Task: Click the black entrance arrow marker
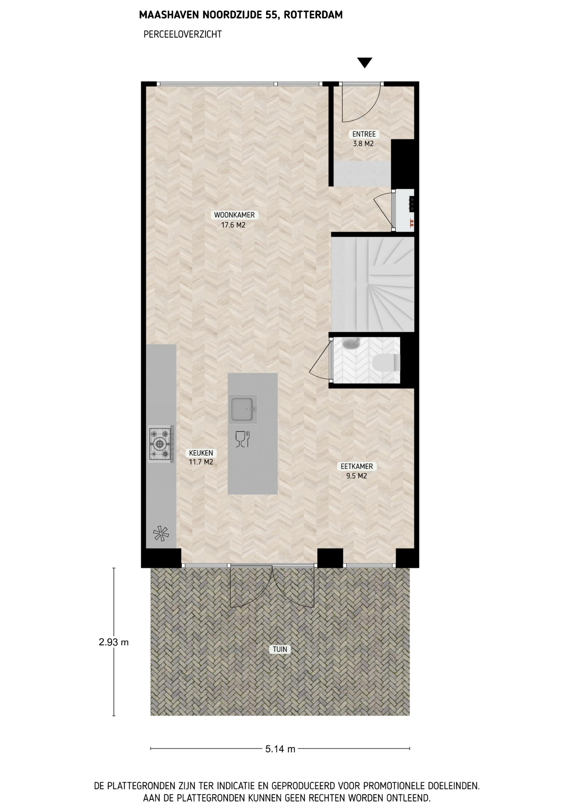point(364,63)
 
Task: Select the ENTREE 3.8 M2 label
point(364,139)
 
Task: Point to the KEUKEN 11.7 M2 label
point(201,457)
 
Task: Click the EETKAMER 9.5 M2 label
point(357,471)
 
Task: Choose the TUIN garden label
point(280,649)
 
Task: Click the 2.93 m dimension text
point(113,642)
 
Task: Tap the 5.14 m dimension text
point(280,749)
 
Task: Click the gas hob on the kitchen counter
point(161,444)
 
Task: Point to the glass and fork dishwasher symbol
point(243,439)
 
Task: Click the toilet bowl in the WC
point(386,363)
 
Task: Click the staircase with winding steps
point(372,284)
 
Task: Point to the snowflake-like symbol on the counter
point(161,533)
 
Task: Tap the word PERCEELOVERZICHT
point(183,34)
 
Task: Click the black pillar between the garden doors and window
point(330,558)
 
